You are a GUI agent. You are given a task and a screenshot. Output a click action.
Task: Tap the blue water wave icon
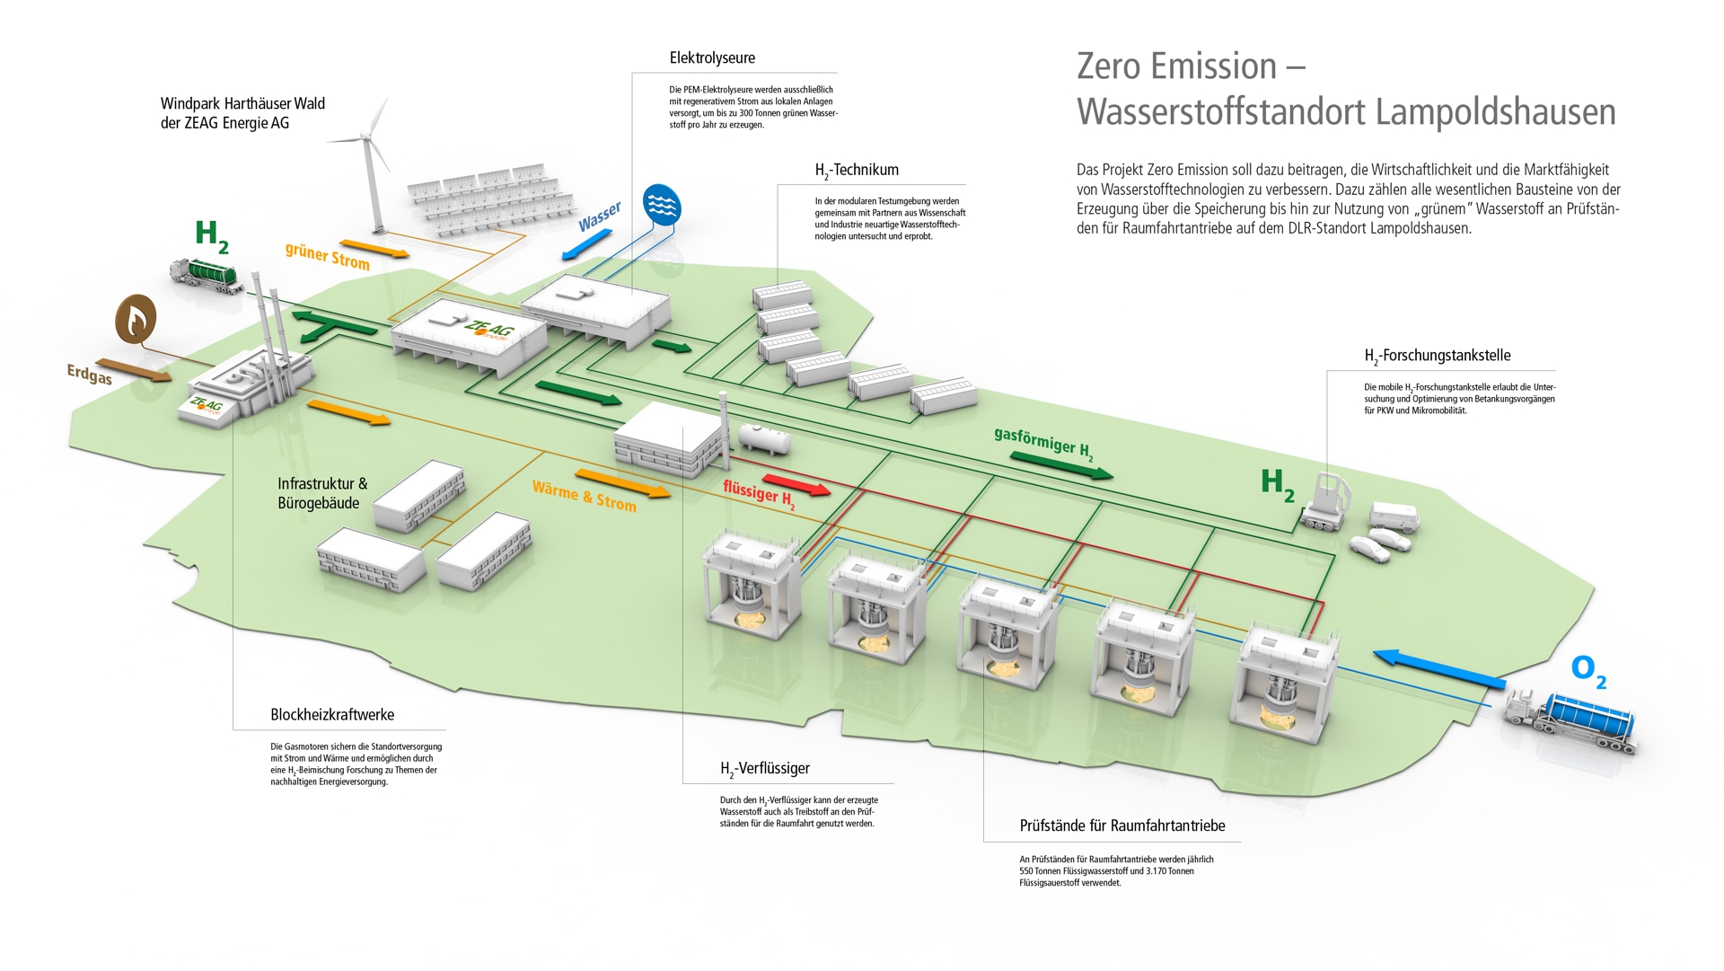pos(662,206)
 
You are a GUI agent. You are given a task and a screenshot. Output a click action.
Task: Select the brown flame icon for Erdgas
pos(136,318)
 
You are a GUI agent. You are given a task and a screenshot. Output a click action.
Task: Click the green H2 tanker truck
pos(207,274)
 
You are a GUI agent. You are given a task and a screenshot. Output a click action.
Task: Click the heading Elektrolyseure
pos(712,58)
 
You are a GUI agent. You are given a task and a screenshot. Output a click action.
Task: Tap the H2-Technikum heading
pos(857,170)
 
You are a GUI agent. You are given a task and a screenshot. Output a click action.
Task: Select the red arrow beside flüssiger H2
pos(796,485)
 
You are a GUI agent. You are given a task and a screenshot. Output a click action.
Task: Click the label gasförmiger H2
pos(1042,443)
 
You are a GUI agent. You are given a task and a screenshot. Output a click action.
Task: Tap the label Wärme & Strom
pos(584,497)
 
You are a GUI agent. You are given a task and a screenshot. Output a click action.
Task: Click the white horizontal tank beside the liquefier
pos(764,438)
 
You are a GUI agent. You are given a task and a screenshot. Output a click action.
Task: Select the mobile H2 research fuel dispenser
pos(1330,501)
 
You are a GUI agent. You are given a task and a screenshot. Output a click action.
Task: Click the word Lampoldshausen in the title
pos(1495,112)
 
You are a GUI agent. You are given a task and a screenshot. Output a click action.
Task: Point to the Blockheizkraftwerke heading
pos(332,715)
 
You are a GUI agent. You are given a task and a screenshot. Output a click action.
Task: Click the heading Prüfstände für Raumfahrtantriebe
pos(1121,825)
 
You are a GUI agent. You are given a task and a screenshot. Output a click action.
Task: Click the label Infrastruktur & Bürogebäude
pos(321,493)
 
